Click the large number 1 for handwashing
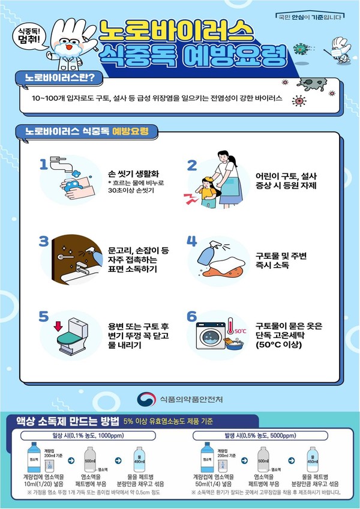click(x=43, y=165)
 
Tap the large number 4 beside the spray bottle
click(x=192, y=241)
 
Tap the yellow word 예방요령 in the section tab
click(x=130, y=131)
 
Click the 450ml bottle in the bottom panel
click(x=311, y=457)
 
